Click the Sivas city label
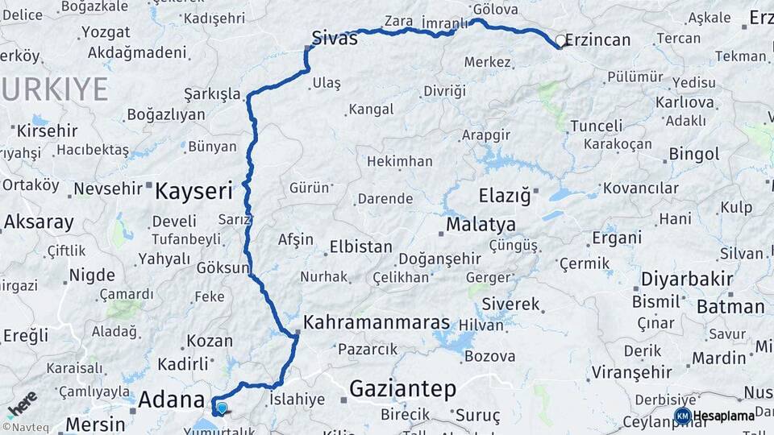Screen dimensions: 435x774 [335, 38]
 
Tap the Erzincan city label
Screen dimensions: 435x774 [598, 39]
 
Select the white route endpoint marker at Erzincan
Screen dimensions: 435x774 [561, 40]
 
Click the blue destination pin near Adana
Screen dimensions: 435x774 [222, 408]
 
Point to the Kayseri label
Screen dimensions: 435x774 [193, 191]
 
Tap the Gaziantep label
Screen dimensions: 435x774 [402, 390]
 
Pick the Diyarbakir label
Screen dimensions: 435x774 [686, 280]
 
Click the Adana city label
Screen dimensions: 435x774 [171, 400]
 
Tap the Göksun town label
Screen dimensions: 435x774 [223, 268]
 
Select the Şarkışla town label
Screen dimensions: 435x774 [212, 94]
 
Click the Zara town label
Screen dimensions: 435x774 [399, 21]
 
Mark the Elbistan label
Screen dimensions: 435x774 [360, 247]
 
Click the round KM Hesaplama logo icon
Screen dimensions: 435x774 [682, 416]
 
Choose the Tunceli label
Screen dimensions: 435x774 [597, 126]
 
